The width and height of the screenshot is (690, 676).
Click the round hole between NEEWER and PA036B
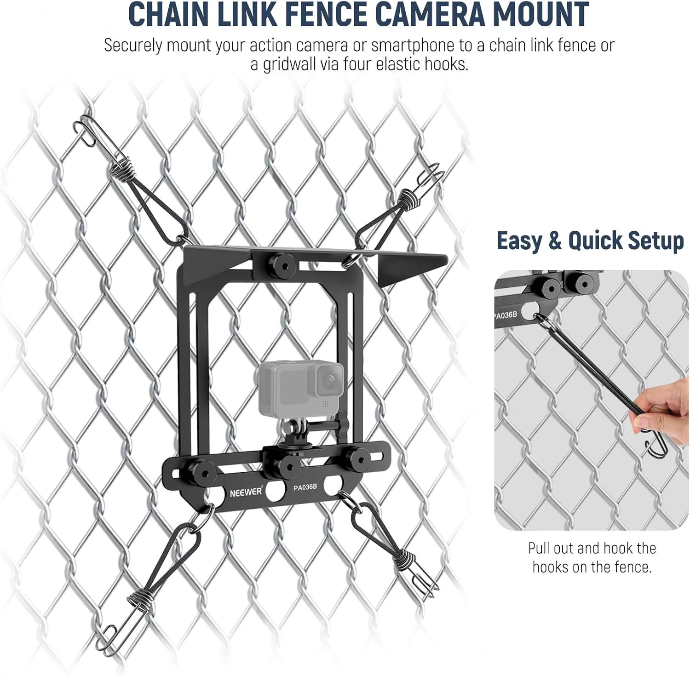tap(276, 493)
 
